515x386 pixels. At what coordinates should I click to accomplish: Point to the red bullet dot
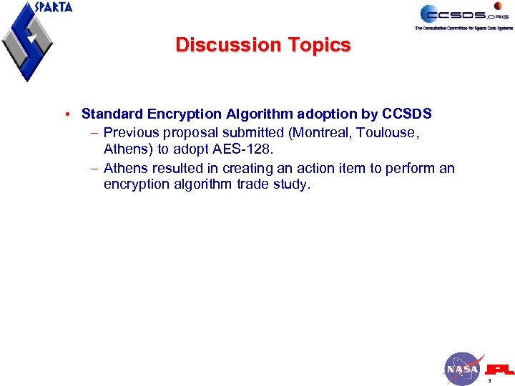pyautogui.click(x=66, y=114)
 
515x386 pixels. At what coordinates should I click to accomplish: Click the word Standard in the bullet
pyautogui.click(x=109, y=114)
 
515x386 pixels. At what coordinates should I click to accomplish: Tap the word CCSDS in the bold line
pyautogui.click(x=407, y=114)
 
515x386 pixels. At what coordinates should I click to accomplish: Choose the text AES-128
pyautogui.click(x=247, y=150)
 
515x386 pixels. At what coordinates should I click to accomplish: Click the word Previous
pyautogui.click(x=130, y=132)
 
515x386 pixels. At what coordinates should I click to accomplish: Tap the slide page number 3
pyautogui.click(x=489, y=382)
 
